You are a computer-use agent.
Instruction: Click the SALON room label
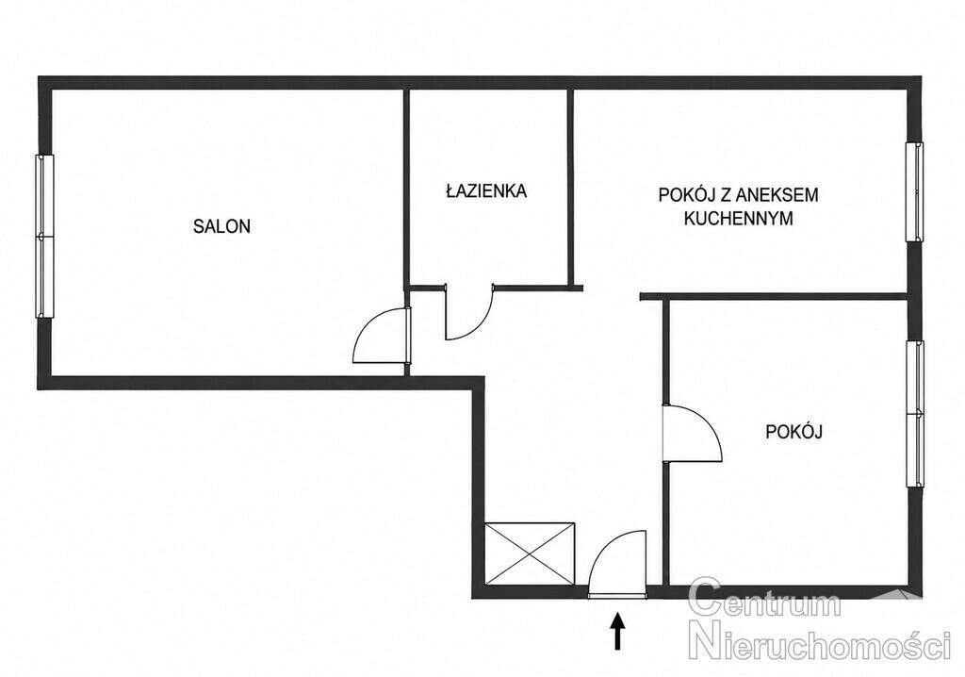pos(221,226)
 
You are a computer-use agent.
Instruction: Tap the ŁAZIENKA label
pos(486,190)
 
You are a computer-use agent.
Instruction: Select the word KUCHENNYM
pos(739,218)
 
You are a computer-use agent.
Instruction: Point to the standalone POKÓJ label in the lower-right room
pos(793,432)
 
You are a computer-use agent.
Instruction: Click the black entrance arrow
pos(617,630)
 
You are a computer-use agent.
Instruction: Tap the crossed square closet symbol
pos(530,553)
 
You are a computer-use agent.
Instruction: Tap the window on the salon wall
pos(44,236)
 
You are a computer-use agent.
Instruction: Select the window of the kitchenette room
pos(914,191)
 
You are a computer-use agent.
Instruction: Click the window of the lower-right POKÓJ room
pos(915,414)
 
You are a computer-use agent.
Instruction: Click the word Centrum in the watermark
pos(764,599)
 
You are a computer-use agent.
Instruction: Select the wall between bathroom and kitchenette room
pos(570,189)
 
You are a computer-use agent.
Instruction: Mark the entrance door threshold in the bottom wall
pos(618,596)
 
